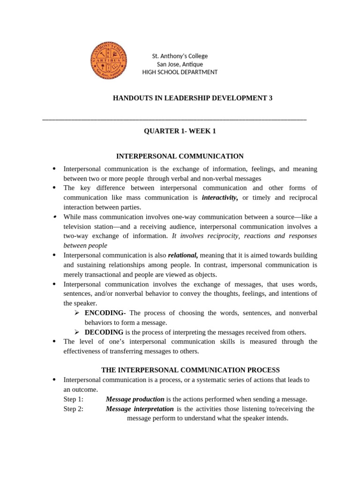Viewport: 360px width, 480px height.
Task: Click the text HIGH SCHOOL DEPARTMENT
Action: point(180,72)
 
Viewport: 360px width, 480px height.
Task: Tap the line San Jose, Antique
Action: point(180,64)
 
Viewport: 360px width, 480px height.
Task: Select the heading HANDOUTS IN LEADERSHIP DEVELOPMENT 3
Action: point(193,98)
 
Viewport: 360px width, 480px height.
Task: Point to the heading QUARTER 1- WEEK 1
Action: point(180,131)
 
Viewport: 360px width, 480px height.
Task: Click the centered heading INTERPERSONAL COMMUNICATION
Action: point(180,156)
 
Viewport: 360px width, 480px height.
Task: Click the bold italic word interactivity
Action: point(219,197)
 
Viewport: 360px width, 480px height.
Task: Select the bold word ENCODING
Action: point(105,313)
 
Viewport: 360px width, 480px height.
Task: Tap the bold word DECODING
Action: point(104,332)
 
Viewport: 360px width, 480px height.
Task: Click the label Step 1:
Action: point(73,399)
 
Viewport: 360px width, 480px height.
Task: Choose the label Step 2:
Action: point(73,409)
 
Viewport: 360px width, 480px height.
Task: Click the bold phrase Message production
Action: point(135,399)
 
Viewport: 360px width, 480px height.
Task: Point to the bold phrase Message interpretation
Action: point(140,409)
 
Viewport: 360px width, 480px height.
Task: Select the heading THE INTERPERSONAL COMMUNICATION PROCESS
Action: point(190,370)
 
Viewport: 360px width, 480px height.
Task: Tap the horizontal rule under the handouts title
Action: point(174,120)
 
